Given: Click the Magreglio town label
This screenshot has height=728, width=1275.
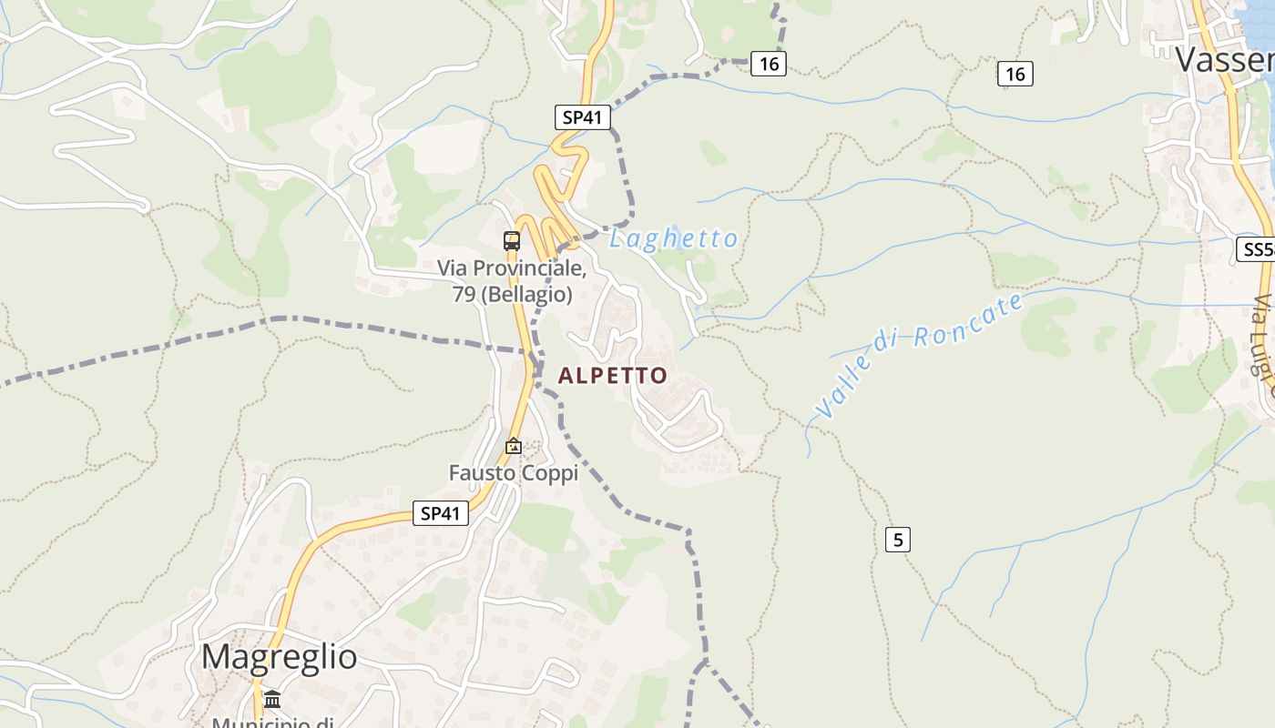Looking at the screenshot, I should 279,657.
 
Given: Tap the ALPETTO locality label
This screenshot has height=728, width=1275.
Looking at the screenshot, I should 612,375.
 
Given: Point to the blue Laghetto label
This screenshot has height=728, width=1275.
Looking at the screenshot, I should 673,238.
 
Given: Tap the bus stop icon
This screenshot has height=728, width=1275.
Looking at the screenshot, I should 512,241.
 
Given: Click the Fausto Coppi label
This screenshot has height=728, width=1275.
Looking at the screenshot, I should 513,473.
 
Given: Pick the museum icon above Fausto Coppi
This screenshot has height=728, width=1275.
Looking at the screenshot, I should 514,446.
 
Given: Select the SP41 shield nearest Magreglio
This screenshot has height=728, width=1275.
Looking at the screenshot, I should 441,513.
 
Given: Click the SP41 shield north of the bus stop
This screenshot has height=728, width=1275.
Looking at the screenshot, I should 582,117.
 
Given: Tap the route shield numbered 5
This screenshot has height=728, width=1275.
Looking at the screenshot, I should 897,540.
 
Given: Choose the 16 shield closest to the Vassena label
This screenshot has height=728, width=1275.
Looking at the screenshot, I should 1015,74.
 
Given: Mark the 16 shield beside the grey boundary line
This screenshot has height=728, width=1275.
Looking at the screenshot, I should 768,63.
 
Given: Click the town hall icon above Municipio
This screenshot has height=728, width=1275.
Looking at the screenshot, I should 272,699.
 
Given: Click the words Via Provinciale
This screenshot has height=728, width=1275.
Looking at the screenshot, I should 510,268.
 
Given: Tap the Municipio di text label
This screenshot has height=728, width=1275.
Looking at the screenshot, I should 272,723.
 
